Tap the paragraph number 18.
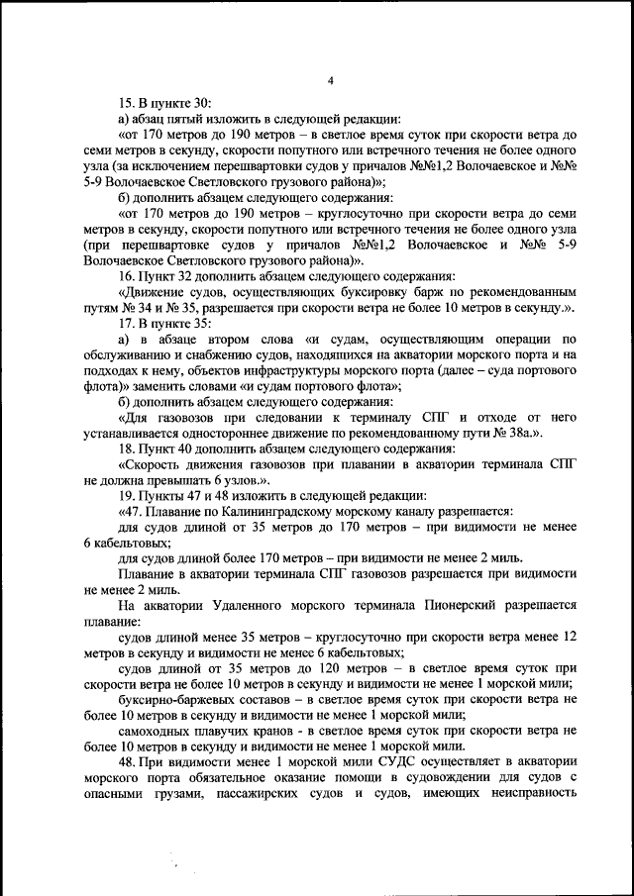126,448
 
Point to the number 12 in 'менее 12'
568,636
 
